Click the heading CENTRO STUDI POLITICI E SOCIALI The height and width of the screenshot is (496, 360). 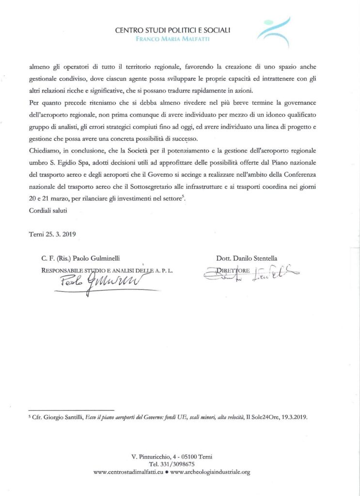click(172, 30)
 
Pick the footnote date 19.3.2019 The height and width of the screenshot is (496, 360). click(296, 416)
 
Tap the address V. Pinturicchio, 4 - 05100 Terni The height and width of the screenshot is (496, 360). click(172, 456)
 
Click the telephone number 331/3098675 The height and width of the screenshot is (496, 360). click(179, 464)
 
